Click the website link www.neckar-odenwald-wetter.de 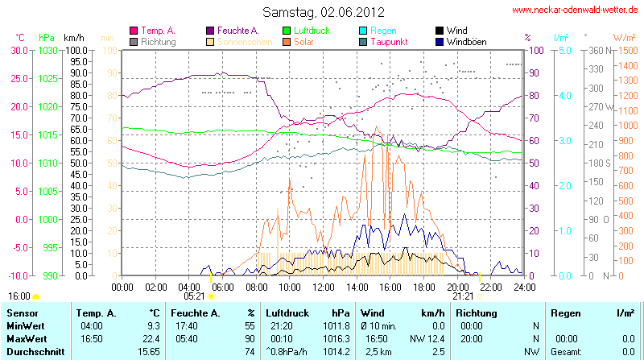point(575,10)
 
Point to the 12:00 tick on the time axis point(323,286)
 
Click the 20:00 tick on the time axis point(457,286)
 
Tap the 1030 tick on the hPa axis point(47,50)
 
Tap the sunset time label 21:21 point(463,296)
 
